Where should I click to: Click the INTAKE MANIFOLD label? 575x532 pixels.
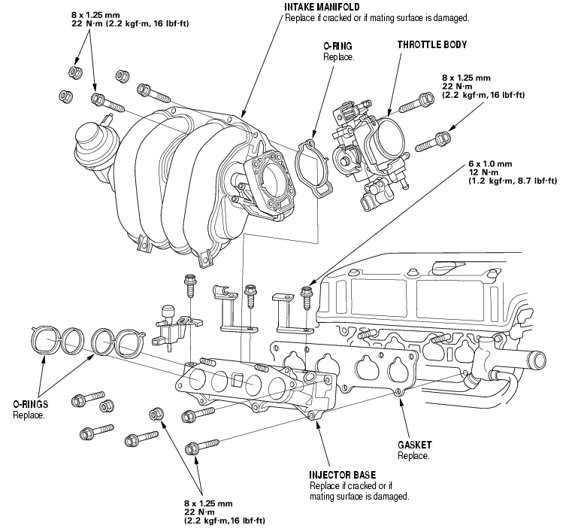[322, 7]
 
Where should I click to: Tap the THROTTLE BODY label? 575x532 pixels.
[432, 45]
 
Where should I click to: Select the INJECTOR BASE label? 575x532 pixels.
[343, 475]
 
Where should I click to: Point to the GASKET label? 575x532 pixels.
[415, 445]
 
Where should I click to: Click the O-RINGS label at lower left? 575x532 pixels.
[30, 404]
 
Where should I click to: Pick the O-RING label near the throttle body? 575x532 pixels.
[337, 46]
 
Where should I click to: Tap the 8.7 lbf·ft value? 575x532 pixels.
[534, 181]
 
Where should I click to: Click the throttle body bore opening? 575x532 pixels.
[391, 139]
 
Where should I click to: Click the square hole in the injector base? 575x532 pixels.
[236, 380]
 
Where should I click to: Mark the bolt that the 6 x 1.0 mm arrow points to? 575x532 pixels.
[306, 296]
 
